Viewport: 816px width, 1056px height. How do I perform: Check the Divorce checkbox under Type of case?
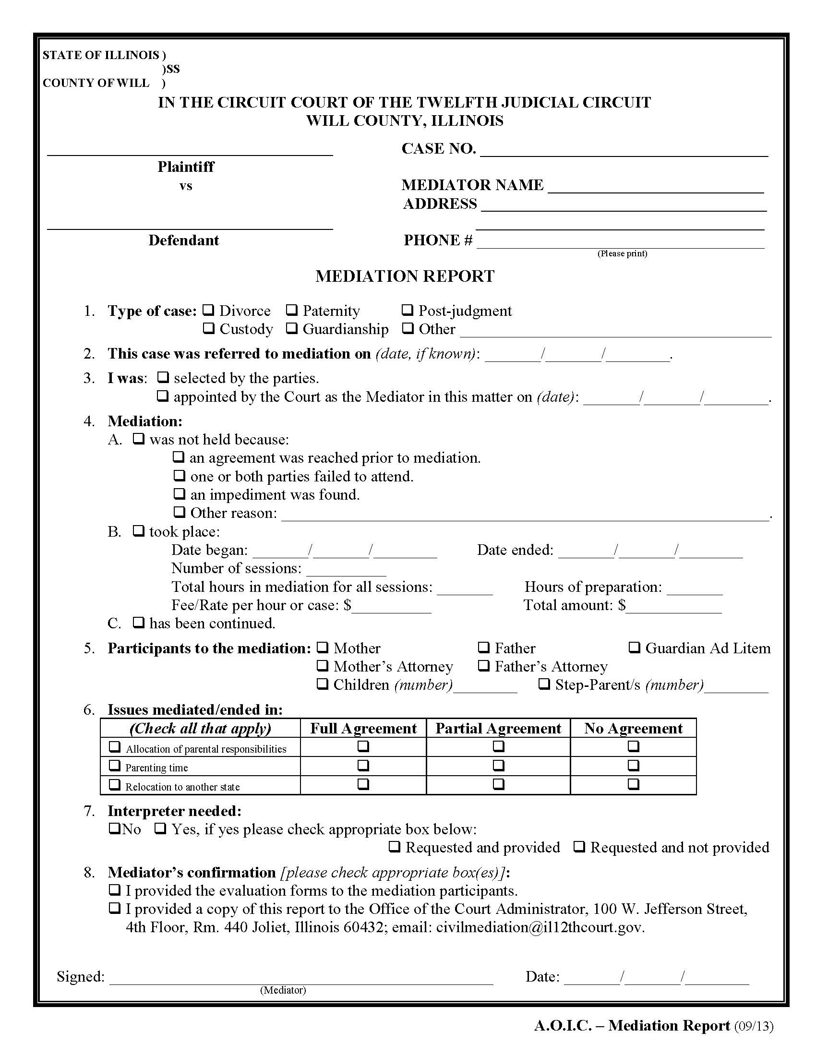(x=208, y=310)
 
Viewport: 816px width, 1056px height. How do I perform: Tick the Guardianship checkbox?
(x=291, y=328)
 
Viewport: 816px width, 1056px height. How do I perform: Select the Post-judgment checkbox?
(x=408, y=310)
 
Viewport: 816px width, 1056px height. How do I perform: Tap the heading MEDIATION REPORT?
(x=405, y=276)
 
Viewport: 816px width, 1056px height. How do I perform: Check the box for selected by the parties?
(x=163, y=377)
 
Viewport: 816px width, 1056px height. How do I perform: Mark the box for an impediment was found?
(x=180, y=493)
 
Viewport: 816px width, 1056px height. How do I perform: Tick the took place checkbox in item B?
(x=139, y=531)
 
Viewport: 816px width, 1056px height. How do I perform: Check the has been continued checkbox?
(x=139, y=622)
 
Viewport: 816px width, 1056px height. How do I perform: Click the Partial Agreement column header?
(x=498, y=728)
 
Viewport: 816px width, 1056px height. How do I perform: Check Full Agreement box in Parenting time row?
(x=363, y=766)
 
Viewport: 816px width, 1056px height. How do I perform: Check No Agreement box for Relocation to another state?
(x=633, y=784)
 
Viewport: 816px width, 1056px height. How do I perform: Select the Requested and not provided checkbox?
(x=580, y=847)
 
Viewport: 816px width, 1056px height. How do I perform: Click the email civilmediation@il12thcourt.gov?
(x=540, y=927)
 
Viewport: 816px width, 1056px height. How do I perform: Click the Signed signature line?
(x=300, y=978)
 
